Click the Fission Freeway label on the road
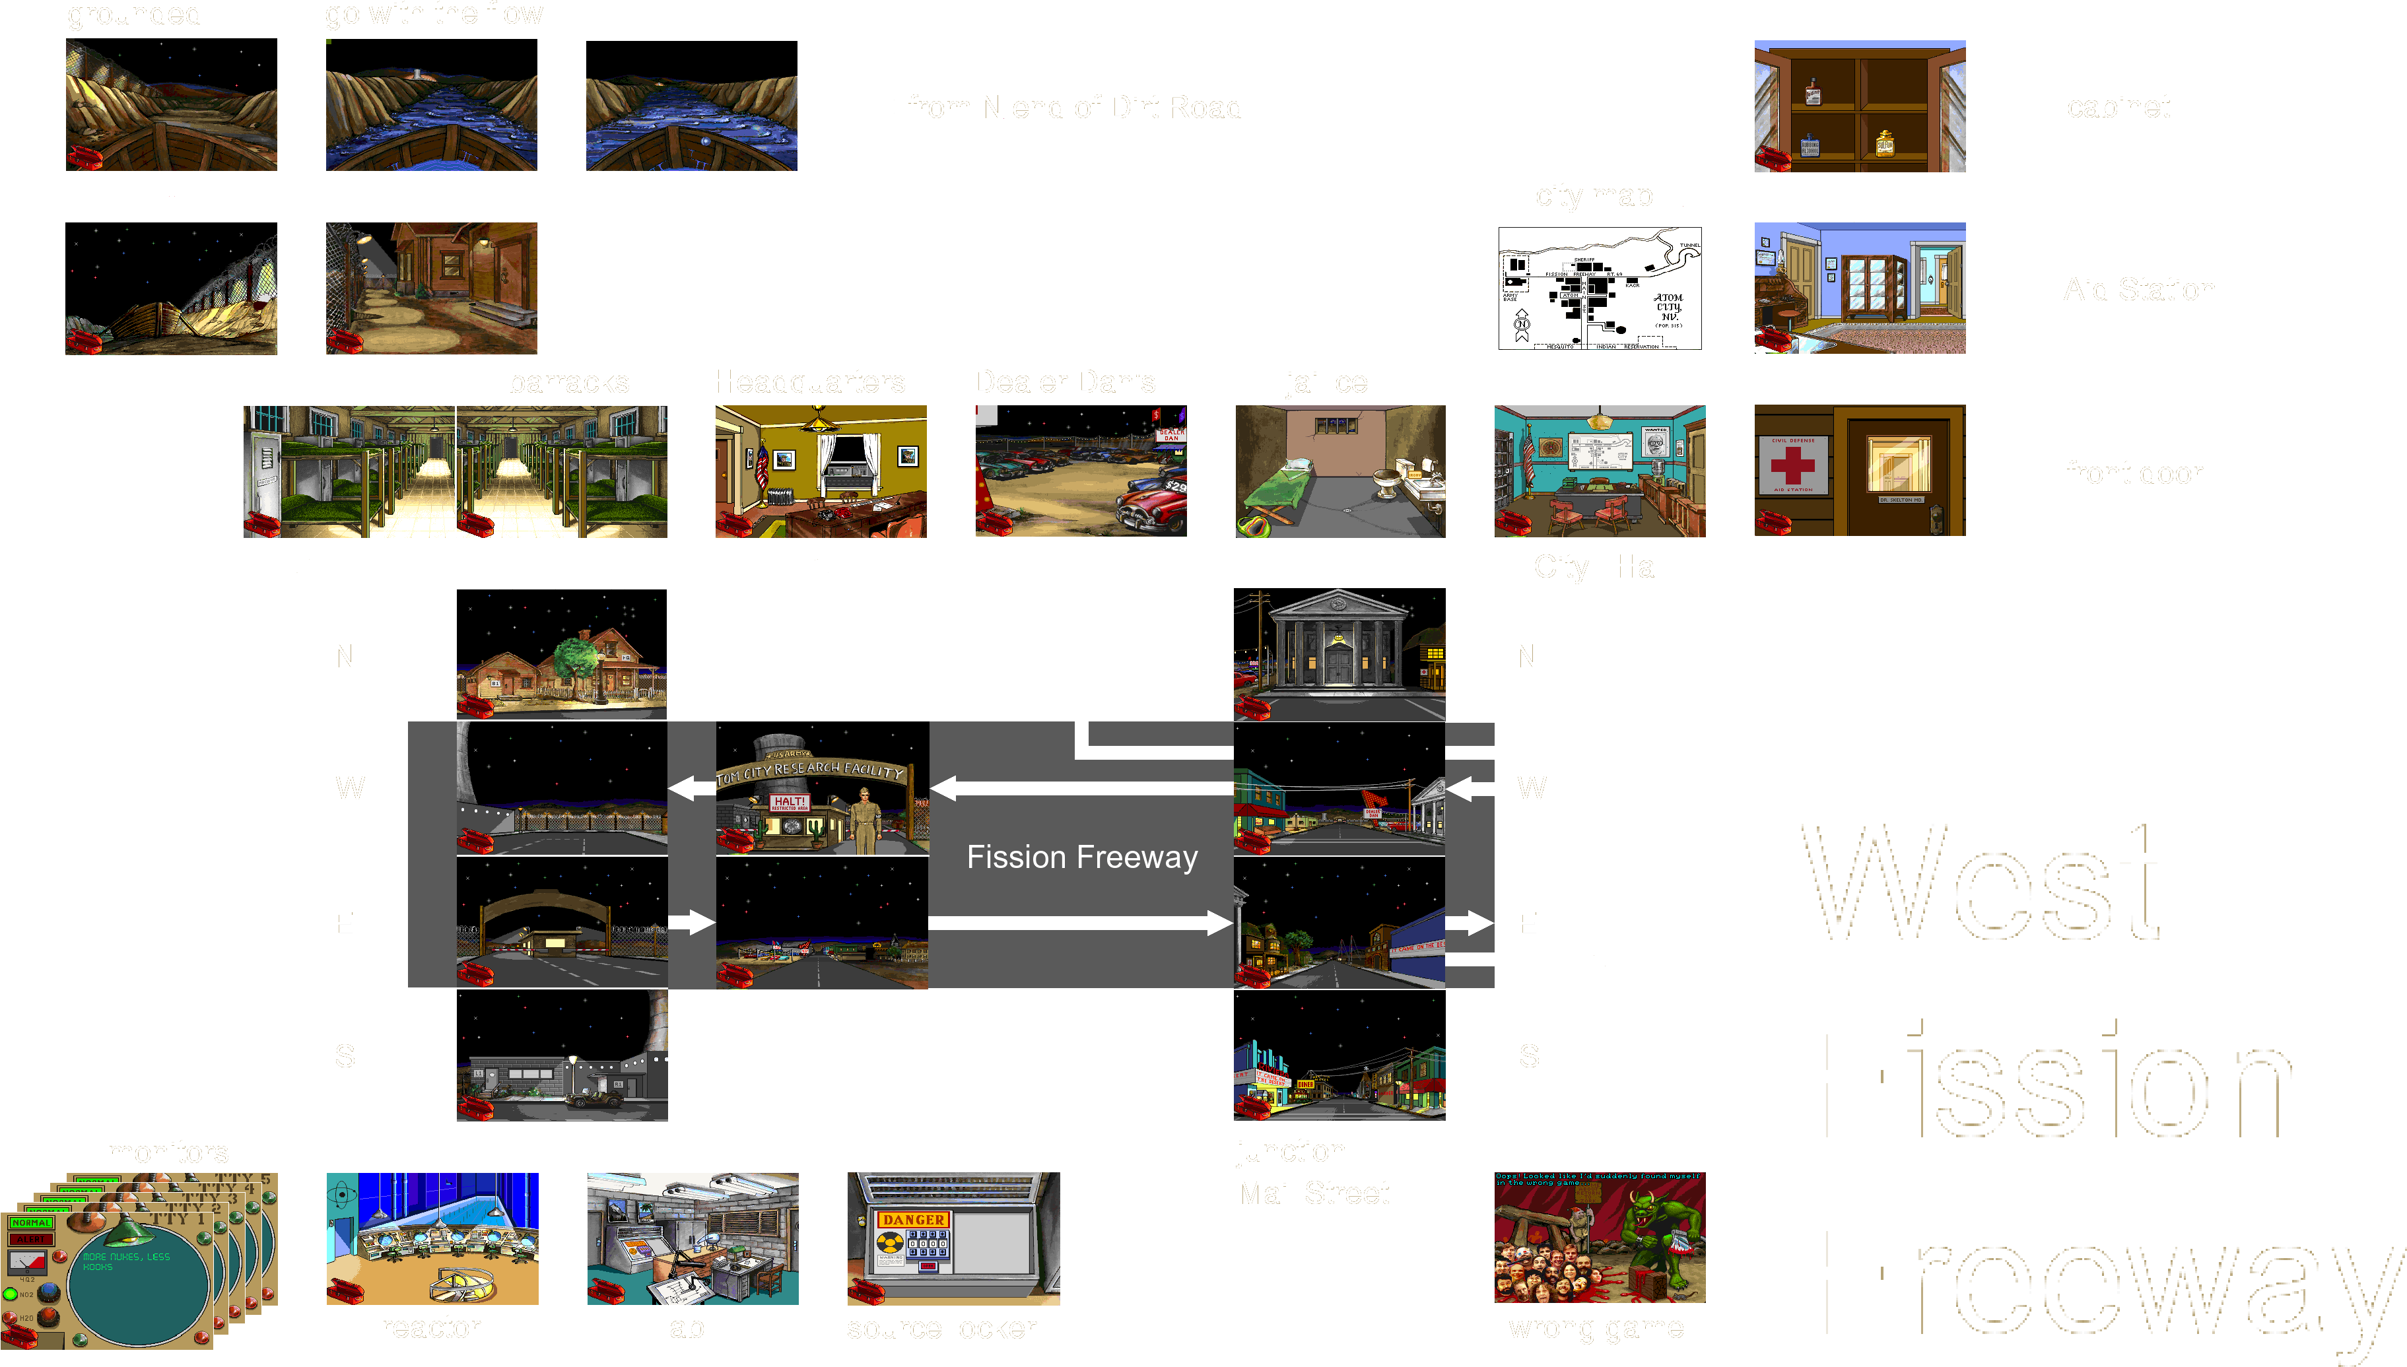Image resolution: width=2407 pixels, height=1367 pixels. [1081, 857]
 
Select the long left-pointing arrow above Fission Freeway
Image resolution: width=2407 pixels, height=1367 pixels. [1079, 789]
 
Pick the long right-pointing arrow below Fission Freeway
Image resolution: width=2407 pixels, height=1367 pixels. [1079, 924]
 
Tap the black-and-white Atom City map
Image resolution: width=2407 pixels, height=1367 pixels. [1600, 288]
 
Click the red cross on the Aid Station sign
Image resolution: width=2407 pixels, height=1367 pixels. [1792, 465]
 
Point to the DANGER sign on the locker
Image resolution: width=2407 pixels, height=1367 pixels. [912, 1220]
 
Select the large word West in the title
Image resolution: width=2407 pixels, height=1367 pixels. [1981, 883]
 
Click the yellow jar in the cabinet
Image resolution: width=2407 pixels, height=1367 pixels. [1883, 143]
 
